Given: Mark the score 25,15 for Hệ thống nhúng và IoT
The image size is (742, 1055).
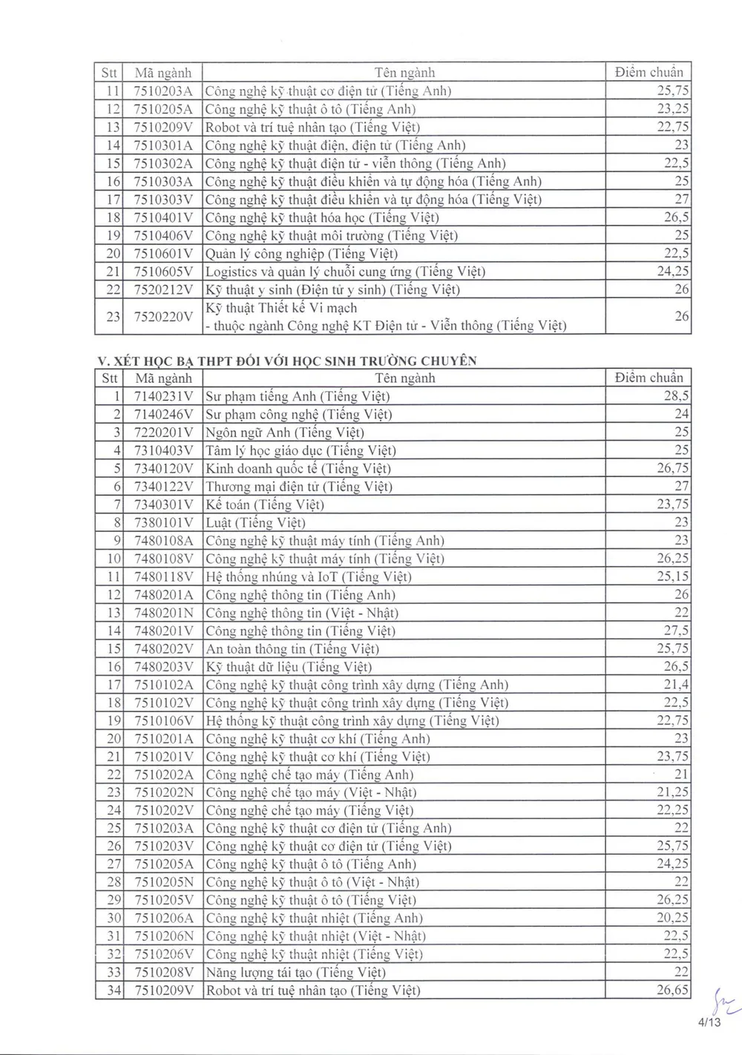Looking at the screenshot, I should point(672,576).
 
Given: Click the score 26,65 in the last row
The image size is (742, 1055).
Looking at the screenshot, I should point(672,990).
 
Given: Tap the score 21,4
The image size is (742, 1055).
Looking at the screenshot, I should point(676,685).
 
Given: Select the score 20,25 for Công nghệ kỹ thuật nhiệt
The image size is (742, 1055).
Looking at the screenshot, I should point(672,918).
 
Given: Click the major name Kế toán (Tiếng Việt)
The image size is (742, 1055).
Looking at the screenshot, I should point(264,505).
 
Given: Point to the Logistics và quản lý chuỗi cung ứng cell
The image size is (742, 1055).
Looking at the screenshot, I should point(345,272).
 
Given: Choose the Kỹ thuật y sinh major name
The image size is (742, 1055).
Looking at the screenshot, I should point(332,289).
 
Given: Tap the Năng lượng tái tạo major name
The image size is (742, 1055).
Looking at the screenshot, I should point(295,972).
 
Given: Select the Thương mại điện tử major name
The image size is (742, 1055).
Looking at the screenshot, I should point(298,487).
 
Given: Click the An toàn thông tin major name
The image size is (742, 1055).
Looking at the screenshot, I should point(292,648).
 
